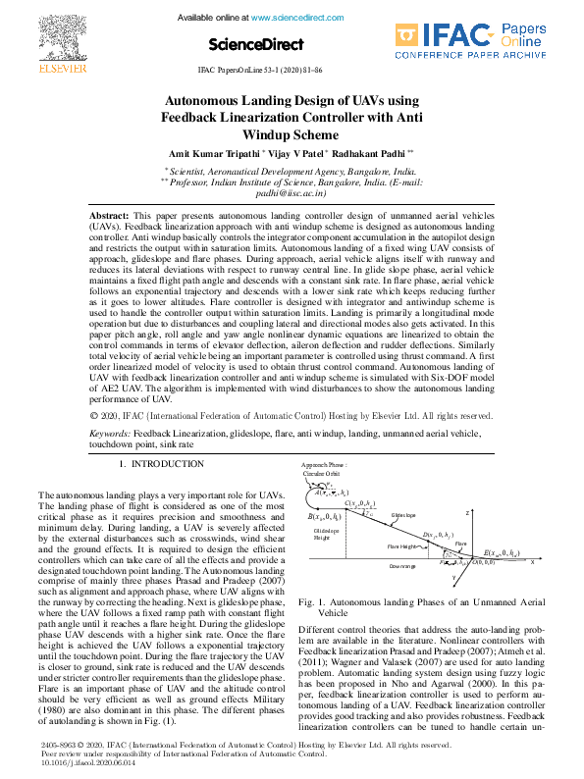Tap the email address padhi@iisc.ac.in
click(x=291, y=194)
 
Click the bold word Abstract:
click(x=109, y=214)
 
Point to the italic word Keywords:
click(x=110, y=459)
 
